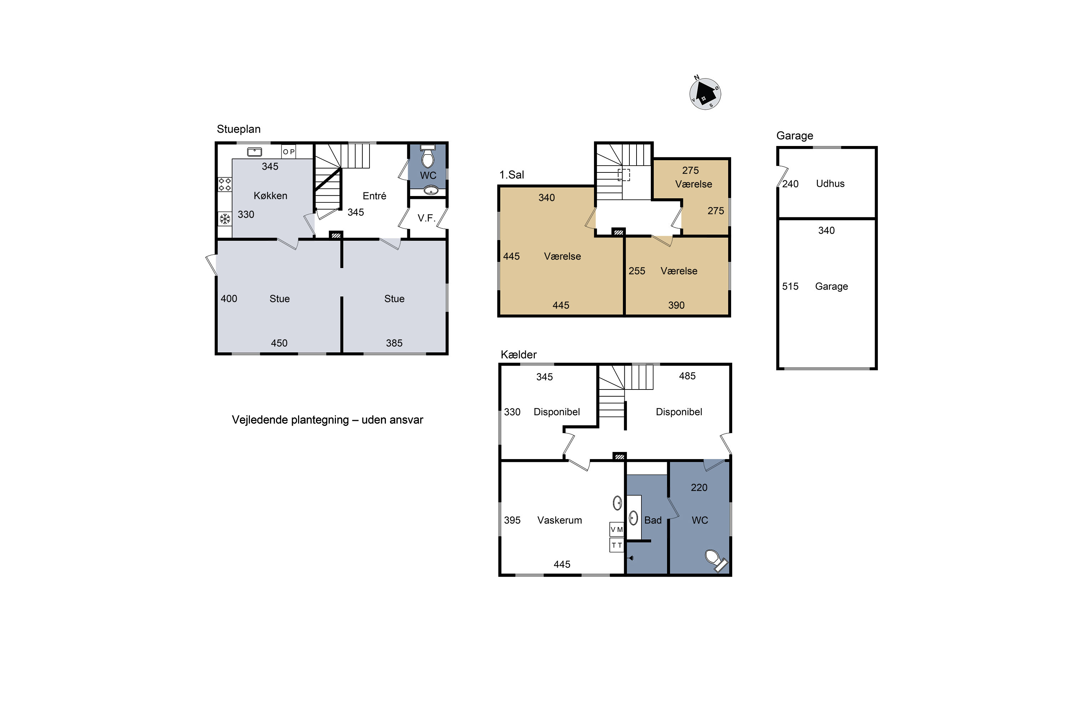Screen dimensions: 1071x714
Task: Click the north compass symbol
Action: click(705, 93)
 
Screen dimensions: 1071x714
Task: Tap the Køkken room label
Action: click(271, 196)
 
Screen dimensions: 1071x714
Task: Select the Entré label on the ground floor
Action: click(374, 196)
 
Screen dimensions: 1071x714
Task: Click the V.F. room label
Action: click(426, 218)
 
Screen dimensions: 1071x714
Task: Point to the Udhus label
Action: click(830, 183)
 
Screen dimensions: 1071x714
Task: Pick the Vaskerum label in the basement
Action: click(560, 520)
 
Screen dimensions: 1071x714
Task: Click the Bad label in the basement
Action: click(653, 520)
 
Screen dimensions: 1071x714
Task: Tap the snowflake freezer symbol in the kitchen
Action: click(225, 219)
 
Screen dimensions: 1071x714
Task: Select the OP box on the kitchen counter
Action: click(289, 152)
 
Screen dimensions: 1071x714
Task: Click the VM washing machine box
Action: click(617, 529)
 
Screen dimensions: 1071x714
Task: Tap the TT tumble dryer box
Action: click(617, 545)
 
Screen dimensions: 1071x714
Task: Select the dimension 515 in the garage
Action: click(790, 286)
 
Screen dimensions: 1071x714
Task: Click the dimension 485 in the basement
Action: click(687, 376)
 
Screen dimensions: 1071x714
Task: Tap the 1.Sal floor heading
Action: click(512, 175)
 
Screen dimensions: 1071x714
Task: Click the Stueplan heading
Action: click(238, 129)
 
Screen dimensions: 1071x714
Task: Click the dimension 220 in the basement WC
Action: click(699, 488)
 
